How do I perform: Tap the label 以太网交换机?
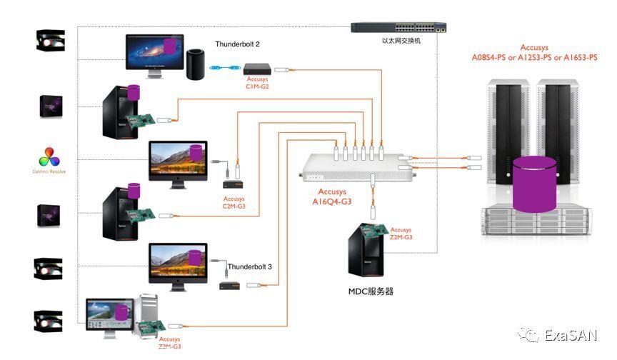401,41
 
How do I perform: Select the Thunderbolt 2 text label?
237,44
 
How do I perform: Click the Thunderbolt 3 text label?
249,266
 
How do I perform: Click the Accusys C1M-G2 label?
257,83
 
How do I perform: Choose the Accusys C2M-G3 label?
234,203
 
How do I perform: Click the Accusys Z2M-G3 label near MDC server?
401,233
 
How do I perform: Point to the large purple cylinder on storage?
533,184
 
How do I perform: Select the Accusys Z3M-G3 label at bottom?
169,343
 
